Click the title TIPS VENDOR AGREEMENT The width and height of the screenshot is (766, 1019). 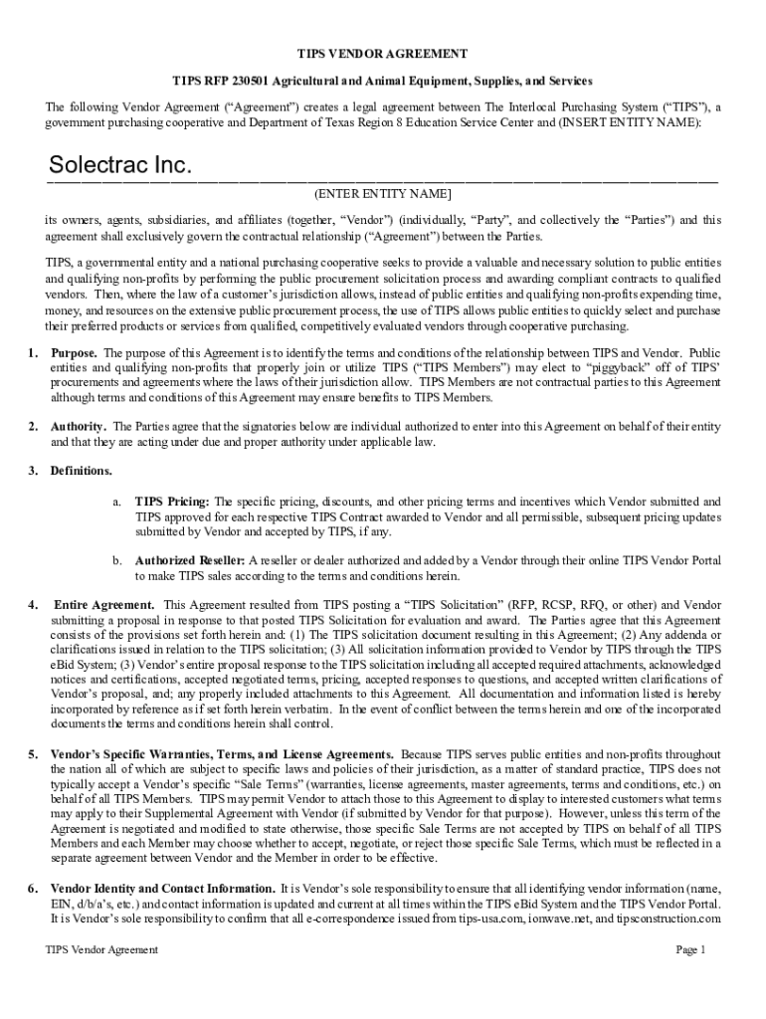click(x=383, y=54)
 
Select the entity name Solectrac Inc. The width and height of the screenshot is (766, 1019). click(x=120, y=165)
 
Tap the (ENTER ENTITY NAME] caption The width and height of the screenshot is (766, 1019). click(x=383, y=193)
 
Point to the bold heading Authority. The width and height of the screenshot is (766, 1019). click(x=79, y=427)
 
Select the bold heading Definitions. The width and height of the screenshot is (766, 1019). click(x=82, y=471)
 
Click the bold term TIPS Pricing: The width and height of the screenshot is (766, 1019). click(x=172, y=503)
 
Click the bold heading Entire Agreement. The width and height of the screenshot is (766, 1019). click(x=103, y=605)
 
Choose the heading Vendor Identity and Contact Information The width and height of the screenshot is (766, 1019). click(x=163, y=888)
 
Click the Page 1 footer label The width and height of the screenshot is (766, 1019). click(x=690, y=950)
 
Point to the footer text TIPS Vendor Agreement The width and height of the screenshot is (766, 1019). click(x=101, y=950)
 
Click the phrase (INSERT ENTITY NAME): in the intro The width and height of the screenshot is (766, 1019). click(x=630, y=122)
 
